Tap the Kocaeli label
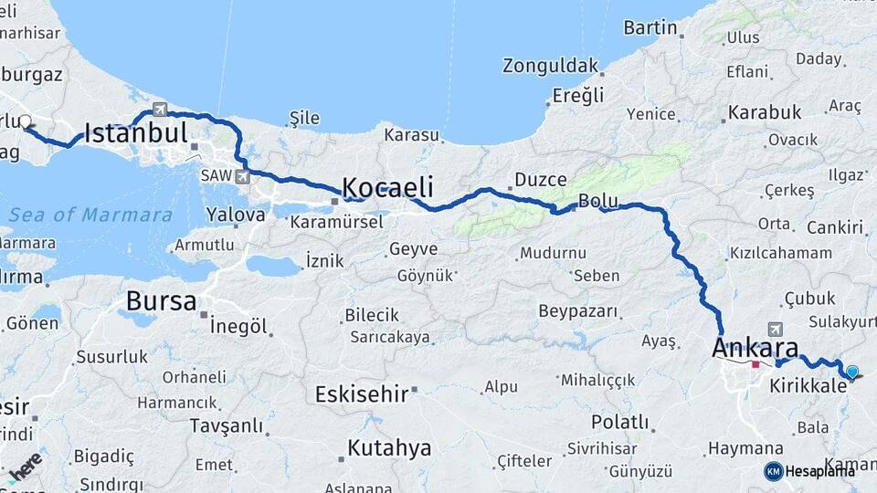[x=387, y=186]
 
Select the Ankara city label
[x=755, y=348]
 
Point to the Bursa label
[x=161, y=300]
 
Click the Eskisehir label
[x=359, y=394]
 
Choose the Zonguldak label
[x=551, y=66]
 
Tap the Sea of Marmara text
[x=90, y=215]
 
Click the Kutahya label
[x=388, y=448]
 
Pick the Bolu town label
[x=598, y=201]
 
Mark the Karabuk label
[x=765, y=112]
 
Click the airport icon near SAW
[x=241, y=176]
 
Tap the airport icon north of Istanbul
[x=161, y=109]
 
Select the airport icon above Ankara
[x=776, y=329]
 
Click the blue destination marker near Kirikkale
[x=852, y=372]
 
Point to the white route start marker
[x=26, y=121]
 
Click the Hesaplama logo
[x=810, y=471]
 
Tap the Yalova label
[x=236, y=215]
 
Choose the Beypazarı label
[x=578, y=311]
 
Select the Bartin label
[x=650, y=27]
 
